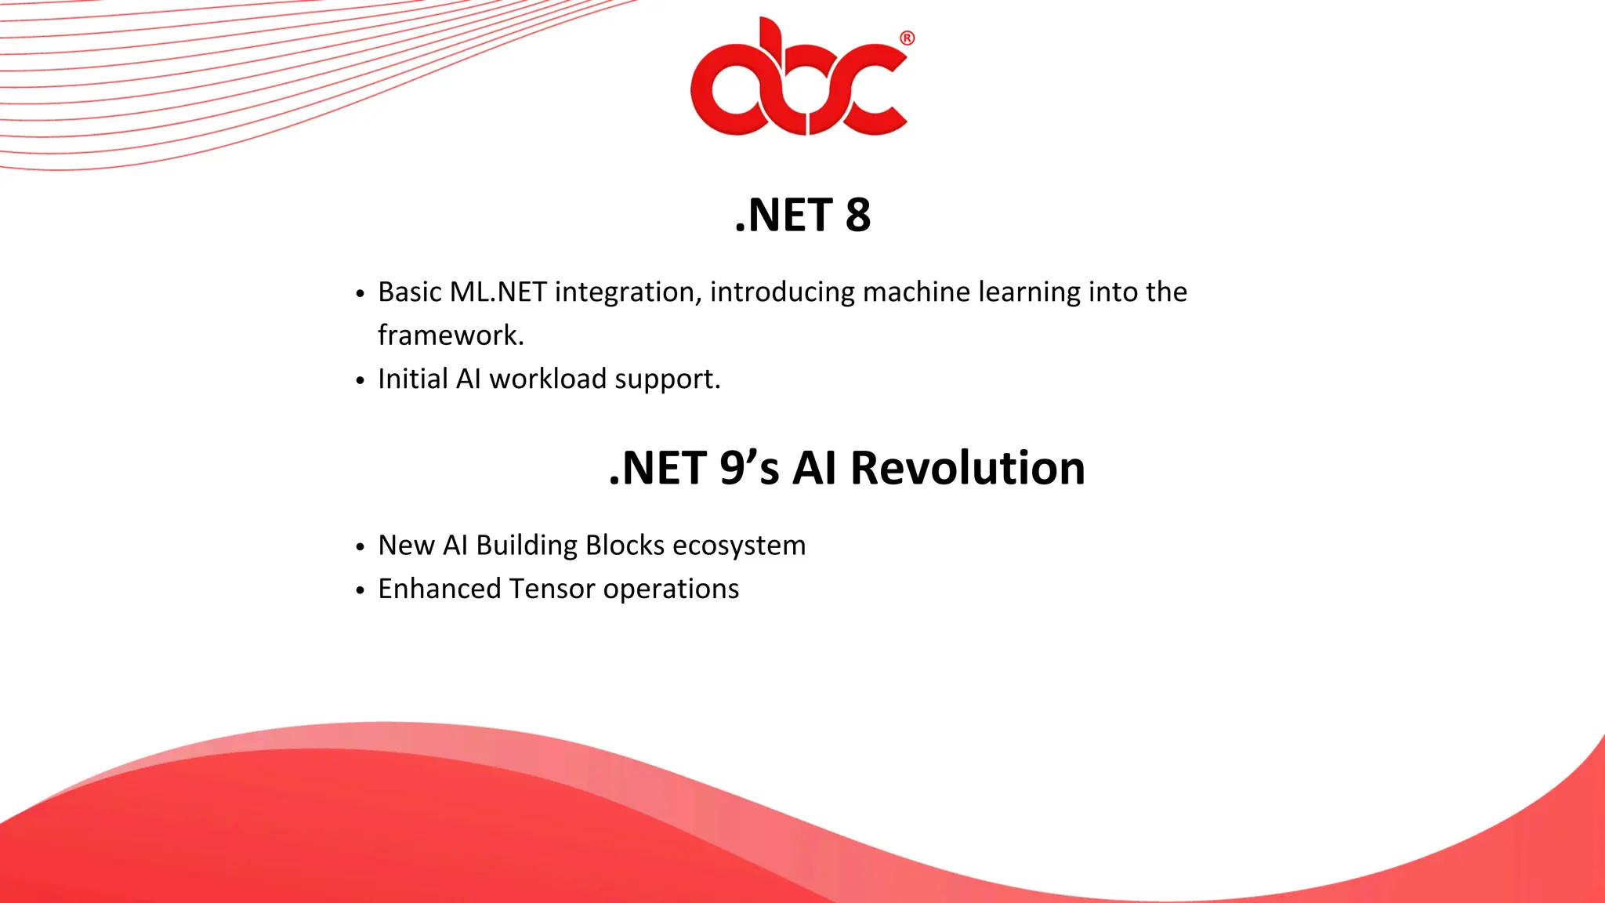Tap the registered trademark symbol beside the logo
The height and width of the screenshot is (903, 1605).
pos(907,38)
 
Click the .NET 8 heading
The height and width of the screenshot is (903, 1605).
pos(802,215)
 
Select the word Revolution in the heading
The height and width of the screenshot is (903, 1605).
pos(967,468)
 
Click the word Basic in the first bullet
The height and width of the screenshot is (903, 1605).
pos(410,292)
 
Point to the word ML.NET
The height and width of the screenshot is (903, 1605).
pos(498,292)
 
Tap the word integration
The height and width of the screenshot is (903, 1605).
pos(628,292)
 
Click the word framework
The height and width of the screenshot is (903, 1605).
pos(450,335)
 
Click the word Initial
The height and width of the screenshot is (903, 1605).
pos(413,379)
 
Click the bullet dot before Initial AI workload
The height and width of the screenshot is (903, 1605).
pos(360,381)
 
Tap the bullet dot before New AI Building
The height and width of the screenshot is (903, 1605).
pos(360,547)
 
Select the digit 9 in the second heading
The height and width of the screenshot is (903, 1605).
pos(731,468)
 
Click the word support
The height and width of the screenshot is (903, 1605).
pos(667,379)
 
